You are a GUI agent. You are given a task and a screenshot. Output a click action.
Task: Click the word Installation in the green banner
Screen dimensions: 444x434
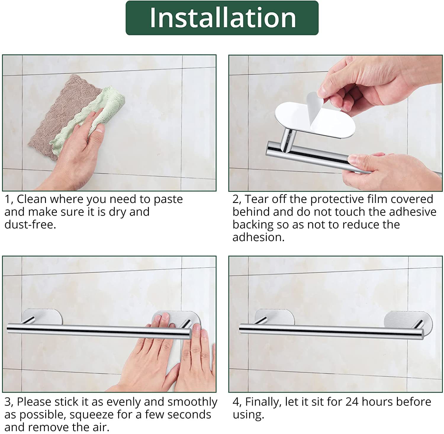pos(223,18)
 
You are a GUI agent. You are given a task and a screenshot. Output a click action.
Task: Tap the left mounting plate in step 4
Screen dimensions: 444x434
pos(275,316)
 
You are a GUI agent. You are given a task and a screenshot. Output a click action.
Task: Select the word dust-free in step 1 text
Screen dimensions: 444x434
pos(30,225)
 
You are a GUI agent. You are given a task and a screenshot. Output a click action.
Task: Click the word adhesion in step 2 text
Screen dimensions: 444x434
pos(258,237)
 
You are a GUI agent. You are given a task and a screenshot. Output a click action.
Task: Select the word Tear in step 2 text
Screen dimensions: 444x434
pos(256,199)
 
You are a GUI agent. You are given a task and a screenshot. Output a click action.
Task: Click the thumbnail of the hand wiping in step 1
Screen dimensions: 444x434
pos(109,123)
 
